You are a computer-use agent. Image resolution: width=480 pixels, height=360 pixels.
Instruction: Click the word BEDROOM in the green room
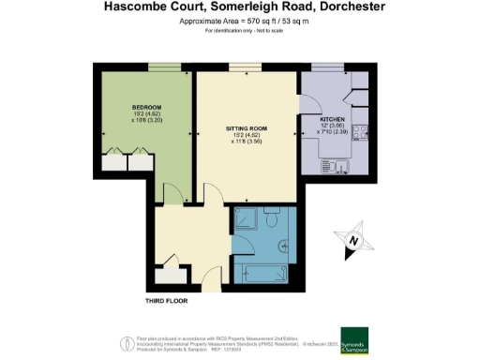pyautogui.click(x=120, y=107)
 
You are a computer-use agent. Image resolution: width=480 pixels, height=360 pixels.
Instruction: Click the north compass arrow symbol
pyautogui.click(x=352, y=241)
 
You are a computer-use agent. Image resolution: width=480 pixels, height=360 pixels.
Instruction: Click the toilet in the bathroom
pyautogui.click(x=270, y=223)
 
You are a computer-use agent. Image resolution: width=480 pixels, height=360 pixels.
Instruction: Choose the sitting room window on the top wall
pyautogui.click(x=246, y=66)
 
